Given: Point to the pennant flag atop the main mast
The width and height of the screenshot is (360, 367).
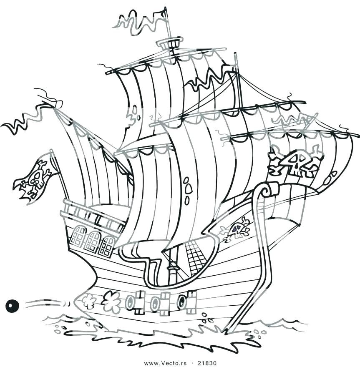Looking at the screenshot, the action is (x=141, y=22).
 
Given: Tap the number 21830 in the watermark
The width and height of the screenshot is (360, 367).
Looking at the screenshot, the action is (x=207, y=363).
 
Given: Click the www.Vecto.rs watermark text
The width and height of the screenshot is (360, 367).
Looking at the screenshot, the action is (x=165, y=363).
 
